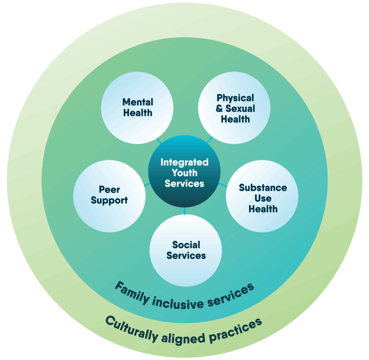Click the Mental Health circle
137,108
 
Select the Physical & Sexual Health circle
235,108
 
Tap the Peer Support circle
109,195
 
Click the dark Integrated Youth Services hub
184,171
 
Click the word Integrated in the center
184,162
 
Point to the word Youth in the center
184,173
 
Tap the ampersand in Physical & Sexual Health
219,109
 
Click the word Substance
263,188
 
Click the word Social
186,245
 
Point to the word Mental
138,102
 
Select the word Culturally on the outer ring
132,328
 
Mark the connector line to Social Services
184,211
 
